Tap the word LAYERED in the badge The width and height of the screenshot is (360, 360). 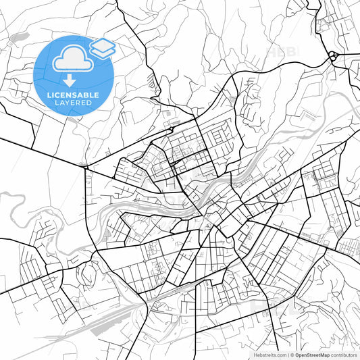74,104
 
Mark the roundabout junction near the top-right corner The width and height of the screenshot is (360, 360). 332,56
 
